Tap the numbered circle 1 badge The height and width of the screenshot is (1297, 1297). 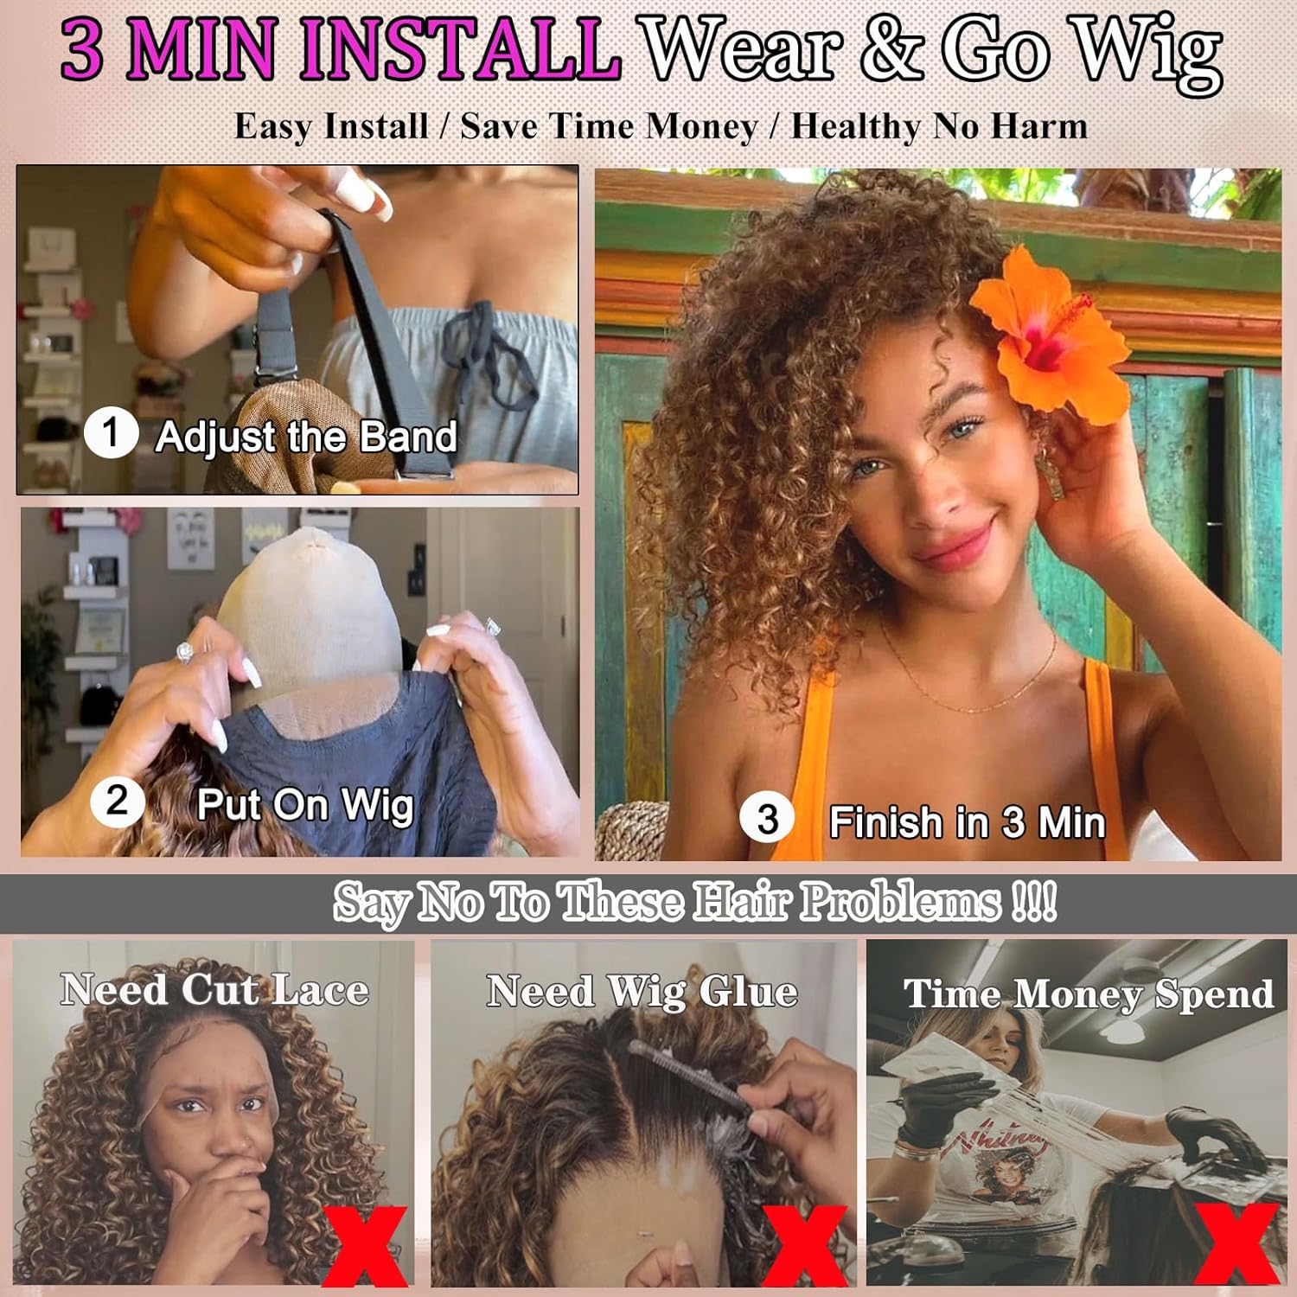(111, 433)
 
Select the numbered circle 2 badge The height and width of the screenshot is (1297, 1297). (117, 802)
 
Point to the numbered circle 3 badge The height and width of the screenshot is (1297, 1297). (767, 819)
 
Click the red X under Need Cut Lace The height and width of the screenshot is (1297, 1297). (365, 1245)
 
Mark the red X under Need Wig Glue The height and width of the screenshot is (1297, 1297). (804, 1245)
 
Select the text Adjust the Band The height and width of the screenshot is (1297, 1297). (306, 437)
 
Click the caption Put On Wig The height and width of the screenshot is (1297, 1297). (305, 805)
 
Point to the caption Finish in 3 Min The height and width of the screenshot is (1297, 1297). (967, 821)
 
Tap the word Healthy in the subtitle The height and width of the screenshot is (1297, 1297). (855, 126)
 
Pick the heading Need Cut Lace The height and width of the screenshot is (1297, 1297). (214, 989)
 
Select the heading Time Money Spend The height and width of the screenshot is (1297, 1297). (1088, 994)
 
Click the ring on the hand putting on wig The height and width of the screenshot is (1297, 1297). (186, 653)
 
